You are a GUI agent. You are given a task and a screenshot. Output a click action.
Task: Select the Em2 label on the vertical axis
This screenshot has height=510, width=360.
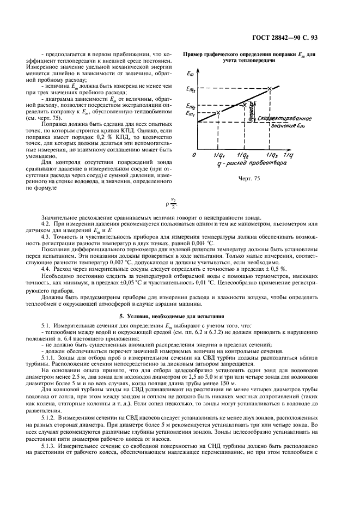(x=191, y=106)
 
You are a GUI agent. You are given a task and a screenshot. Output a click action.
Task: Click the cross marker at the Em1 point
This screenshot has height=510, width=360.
(x=218, y=112)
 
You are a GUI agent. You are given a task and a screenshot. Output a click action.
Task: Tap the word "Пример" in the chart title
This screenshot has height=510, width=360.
(x=195, y=54)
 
